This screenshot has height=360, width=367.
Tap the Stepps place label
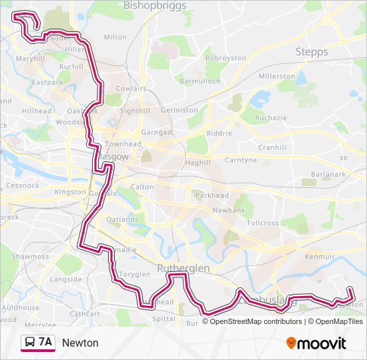point(312,52)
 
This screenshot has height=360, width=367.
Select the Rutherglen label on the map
point(183,268)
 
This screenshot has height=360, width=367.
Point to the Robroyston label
point(226,59)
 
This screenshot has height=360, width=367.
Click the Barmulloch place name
point(200,81)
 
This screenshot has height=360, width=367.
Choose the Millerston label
point(277,77)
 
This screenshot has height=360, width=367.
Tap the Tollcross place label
point(263,223)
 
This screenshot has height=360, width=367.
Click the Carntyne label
point(240,161)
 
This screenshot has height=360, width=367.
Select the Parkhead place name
point(212,196)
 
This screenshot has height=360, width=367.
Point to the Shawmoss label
point(30,257)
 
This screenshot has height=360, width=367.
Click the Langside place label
point(65,279)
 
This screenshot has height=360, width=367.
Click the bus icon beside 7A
point(30,343)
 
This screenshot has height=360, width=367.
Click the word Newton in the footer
point(80,343)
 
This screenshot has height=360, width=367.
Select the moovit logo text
point(322,343)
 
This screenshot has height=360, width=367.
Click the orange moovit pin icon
point(292,343)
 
